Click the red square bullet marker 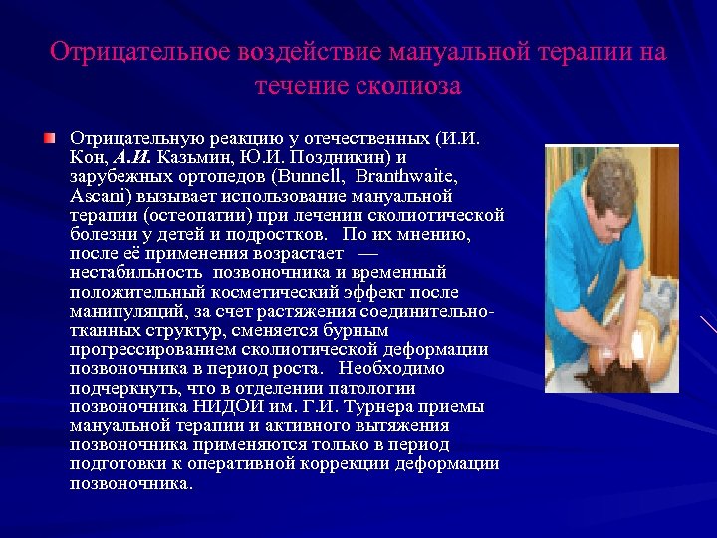pos(50,136)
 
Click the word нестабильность pos(133,272)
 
